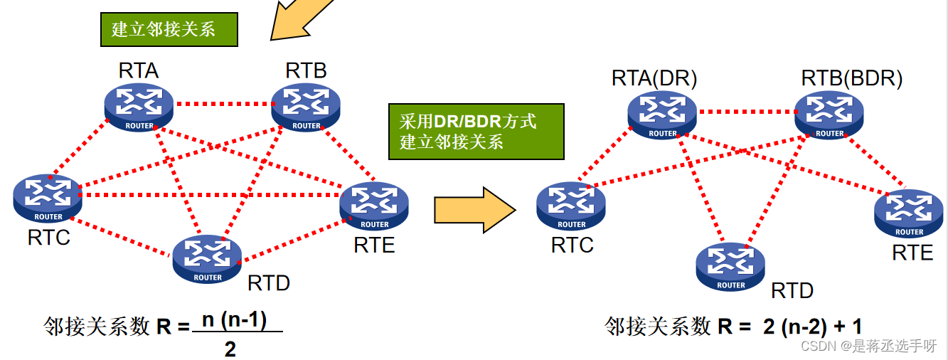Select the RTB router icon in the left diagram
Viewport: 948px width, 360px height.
pyautogui.click(x=306, y=107)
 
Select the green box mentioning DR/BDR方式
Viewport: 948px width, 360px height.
pyautogui.click(x=476, y=132)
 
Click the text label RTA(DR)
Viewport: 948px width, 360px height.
pyautogui.click(x=654, y=78)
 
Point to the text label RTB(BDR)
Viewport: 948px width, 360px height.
pyautogui.click(x=851, y=78)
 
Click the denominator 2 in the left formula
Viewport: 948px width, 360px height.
pyautogui.click(x=230, y=349)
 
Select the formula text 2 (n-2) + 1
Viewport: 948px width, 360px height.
pyautogui.click(x=812, y=327)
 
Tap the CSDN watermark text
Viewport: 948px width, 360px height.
pyautogui.click(x=868, y=346)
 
